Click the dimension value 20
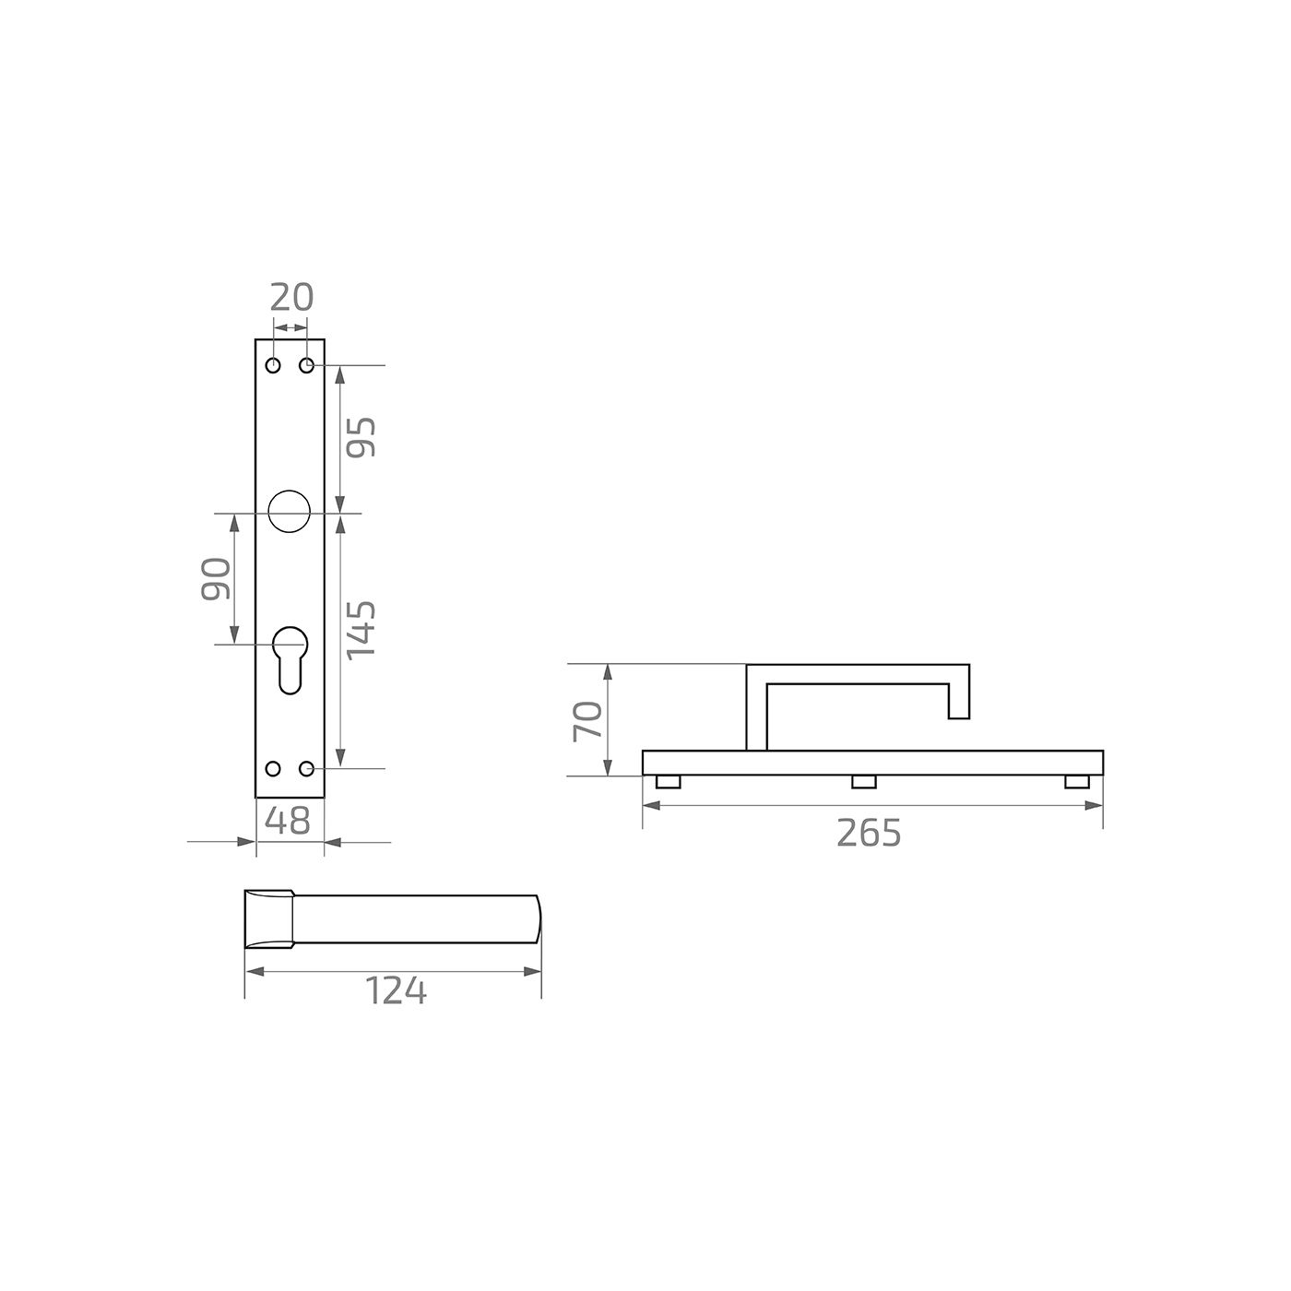coord(291,298)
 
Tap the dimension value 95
coord(361,437)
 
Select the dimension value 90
coord(216,578)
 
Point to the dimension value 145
coord(361,631)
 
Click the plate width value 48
coord(288,820)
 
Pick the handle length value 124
coord(396,991)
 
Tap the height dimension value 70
coord(588,721)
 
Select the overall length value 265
coord(869,834)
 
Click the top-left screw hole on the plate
coord(273,366)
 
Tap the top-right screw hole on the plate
coord(307,366)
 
